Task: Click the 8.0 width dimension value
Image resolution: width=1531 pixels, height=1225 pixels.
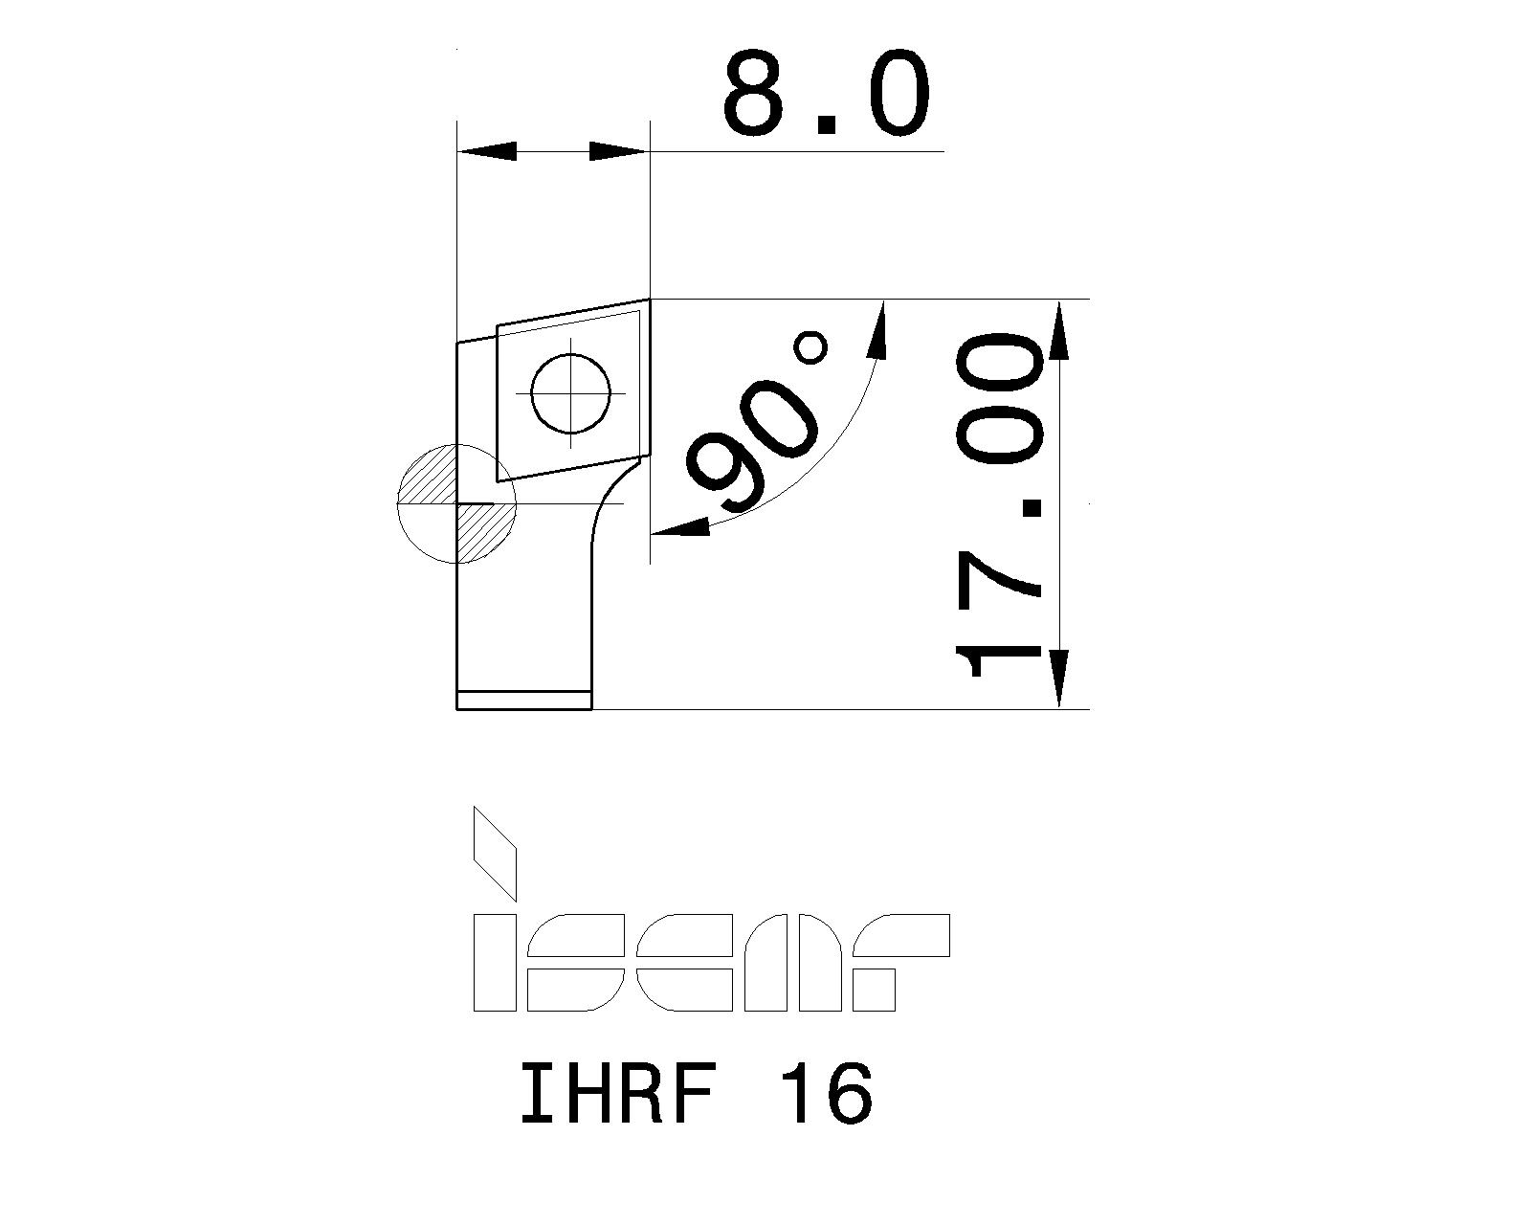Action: coord(826,94)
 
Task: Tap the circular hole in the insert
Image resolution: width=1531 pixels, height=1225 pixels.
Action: coord(571,393)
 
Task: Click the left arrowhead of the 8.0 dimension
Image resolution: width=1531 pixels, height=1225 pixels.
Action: coord(488,151)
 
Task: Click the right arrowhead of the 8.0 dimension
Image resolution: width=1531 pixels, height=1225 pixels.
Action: coord(618,151)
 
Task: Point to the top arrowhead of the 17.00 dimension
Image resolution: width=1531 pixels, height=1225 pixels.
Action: coord(1059,330)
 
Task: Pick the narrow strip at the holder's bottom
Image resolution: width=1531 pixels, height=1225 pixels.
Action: coord(524,700)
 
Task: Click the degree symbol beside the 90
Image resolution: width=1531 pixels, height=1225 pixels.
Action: coord(811,346)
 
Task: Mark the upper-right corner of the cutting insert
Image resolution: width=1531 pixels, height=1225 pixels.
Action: coord(650,300)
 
